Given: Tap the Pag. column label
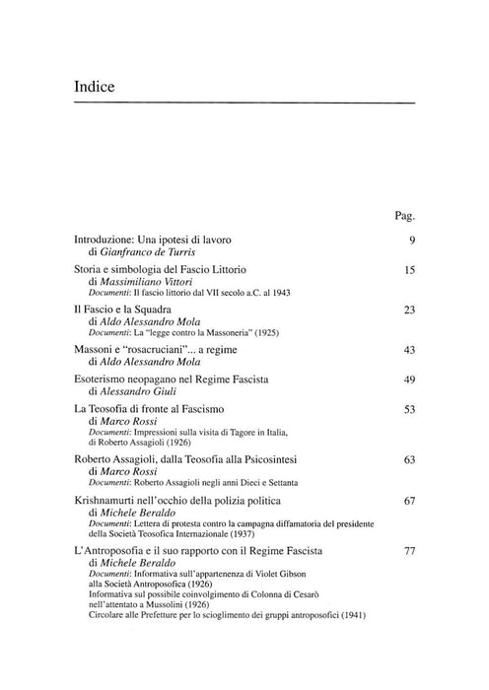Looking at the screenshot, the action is pyautogui.click(x=404, y=214).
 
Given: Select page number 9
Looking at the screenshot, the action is pyautogui.click(x=410, y=240).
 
